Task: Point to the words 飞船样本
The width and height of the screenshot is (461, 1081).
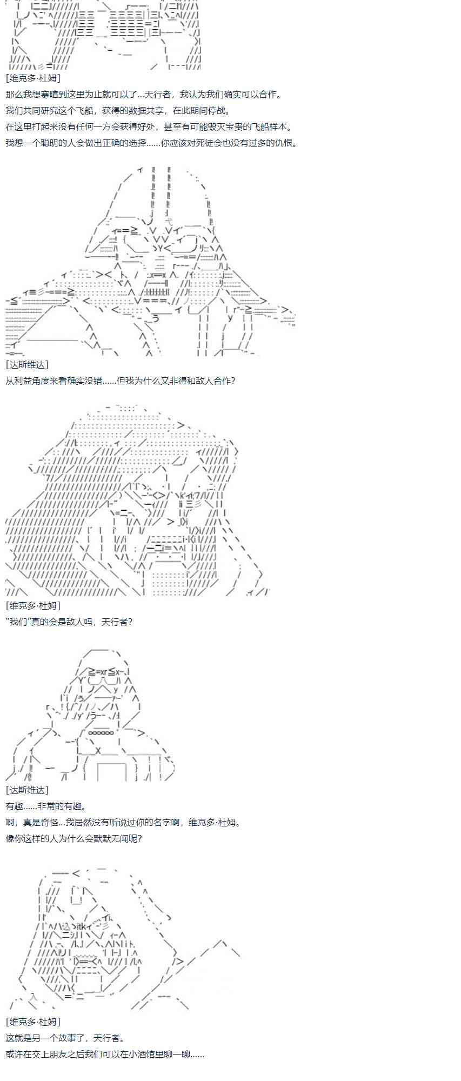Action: tap(275, 127)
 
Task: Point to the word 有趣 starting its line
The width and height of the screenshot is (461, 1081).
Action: tap(14, 806)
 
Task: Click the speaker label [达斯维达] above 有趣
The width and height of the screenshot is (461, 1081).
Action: tap(27, 790)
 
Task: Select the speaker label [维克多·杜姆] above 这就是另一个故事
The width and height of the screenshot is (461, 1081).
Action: tap(33, 1022)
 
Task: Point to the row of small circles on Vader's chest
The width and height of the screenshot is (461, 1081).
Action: tap(101, 733)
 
